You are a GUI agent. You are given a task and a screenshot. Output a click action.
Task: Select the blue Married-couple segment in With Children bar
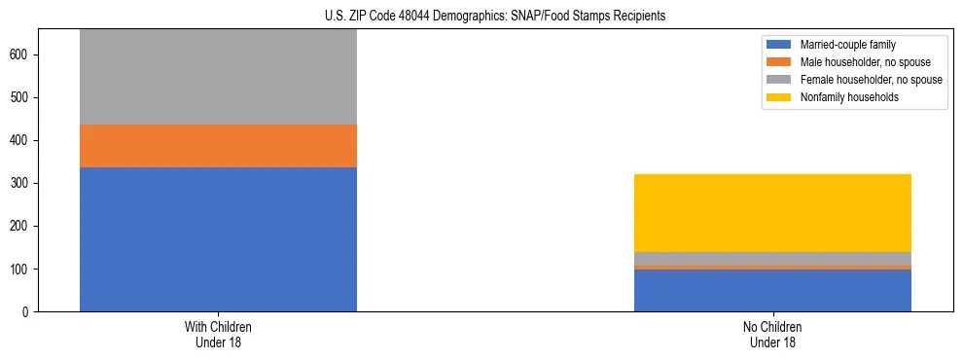(x=218, y=239)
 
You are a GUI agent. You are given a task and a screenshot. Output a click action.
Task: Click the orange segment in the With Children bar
(x=218, y=146)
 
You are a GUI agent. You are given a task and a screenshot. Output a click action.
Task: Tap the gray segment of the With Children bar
(x=218, y=77)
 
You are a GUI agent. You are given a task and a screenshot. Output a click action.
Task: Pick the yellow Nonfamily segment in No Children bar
(x=772, y=213)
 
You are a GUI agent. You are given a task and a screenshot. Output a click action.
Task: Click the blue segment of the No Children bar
(x=772, y=290)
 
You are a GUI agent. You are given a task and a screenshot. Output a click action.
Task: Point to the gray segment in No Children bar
(x=772, y=259)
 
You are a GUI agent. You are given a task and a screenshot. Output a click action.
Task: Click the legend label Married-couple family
(x=847, y=45)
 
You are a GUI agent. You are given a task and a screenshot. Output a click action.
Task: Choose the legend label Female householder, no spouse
(x=871, y=80)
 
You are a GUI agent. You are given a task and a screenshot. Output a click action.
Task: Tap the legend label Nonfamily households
(x=849, y=97)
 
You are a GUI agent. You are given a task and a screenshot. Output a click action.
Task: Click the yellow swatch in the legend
(x=779, y=97)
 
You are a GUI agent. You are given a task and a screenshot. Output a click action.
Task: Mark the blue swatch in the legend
(x=779, y=45)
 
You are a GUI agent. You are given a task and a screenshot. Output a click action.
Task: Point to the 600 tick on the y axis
(x=23, y=55)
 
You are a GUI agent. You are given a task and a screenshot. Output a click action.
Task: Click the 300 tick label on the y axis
(x=23, y=184)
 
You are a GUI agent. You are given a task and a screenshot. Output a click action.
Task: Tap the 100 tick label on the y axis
(x=23, y=270)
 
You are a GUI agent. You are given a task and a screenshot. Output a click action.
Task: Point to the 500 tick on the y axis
(x=23, y=98)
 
